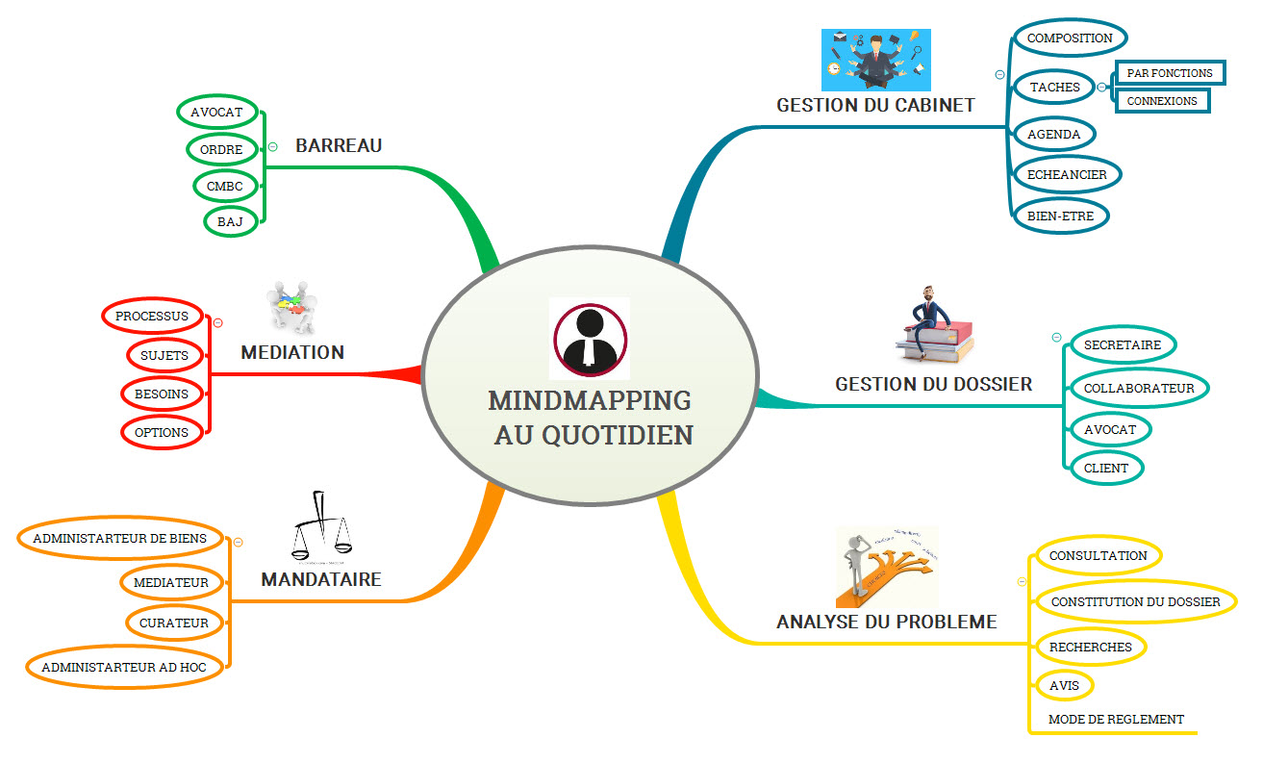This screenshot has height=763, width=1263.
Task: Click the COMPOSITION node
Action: tap(1069, 38)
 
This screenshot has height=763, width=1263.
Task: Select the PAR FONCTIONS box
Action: tap(1169, 73)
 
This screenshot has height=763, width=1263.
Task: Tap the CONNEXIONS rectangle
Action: tap(1161, 100)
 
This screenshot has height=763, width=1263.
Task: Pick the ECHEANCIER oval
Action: tap(1067, 175)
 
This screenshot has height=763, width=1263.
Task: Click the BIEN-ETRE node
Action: tap(1060, 216)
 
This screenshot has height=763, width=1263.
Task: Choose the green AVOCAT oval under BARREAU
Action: tap(215, 112)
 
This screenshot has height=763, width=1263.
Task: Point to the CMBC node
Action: tap(224, 185)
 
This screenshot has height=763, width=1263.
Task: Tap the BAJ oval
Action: tap(230, 221)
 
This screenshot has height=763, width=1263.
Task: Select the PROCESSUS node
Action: tap(152, 316)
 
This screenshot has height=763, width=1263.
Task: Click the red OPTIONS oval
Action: tap(162, 433)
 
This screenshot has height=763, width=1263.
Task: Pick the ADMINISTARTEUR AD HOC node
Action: tap(124, 667)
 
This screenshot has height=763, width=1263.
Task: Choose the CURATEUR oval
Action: tap(173, 623)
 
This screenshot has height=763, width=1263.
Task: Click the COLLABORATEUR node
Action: tap(1138, 389)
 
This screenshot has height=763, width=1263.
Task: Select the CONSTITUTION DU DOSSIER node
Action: tap(1135, 602)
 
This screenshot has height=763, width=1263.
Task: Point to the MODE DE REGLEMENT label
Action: tap(1116, 720)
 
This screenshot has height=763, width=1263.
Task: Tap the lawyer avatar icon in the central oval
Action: tap(589, 338)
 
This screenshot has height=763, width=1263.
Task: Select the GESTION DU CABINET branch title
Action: tap(875, 105)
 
